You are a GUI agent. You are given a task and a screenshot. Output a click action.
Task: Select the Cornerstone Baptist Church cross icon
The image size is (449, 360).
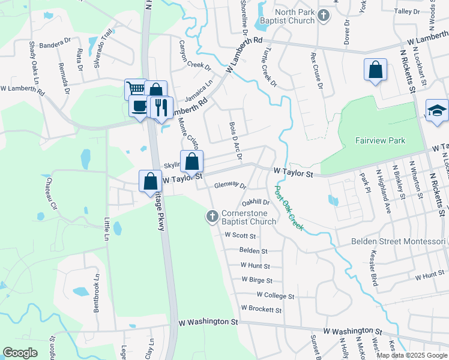(x=212, y=217)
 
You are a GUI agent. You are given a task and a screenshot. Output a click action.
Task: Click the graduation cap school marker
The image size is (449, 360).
(x=437, y=110)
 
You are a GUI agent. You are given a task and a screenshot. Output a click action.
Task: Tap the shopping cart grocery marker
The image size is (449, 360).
(x=136, y=89)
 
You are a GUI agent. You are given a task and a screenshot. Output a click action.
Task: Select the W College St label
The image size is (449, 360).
(x=276, y=296)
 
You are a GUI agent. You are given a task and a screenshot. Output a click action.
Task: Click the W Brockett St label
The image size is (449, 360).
(x=261, y=310)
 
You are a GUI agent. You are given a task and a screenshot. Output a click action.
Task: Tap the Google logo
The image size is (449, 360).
(x=20, y=353)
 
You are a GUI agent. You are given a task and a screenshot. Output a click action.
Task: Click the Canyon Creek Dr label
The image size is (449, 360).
(x=196, y=55)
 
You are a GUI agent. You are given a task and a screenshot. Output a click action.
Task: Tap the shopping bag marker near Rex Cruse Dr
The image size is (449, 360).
(x=375, y=70)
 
